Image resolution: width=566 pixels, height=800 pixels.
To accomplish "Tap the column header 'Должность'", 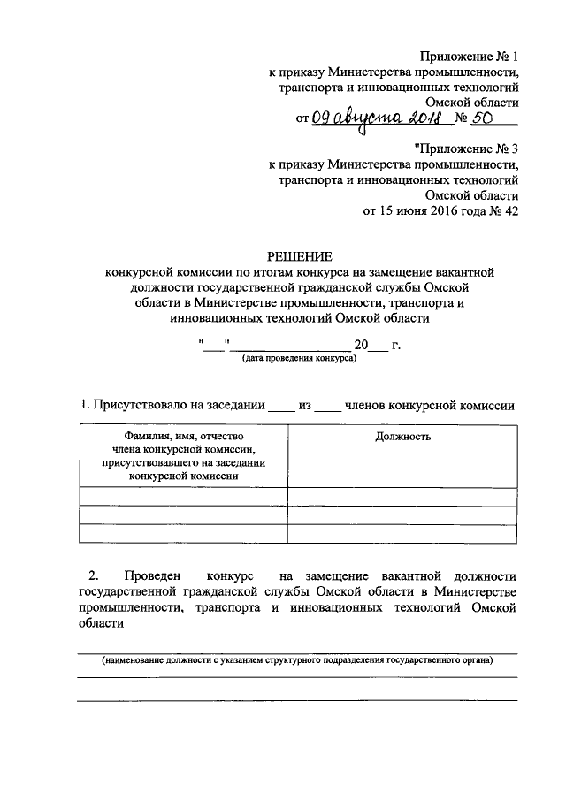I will click(402, 437).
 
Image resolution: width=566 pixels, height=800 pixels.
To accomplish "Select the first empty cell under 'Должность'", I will click(402, 496).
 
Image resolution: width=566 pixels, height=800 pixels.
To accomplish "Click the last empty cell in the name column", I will click(184, 533).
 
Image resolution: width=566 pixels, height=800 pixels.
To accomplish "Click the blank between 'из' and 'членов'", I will click(328, 407).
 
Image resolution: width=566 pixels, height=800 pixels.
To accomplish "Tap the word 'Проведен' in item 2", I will click(152, 576).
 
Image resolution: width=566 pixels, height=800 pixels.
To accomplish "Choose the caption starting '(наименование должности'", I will click(297, 660).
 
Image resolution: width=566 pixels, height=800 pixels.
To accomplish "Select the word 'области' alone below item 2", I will click(101, 624).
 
